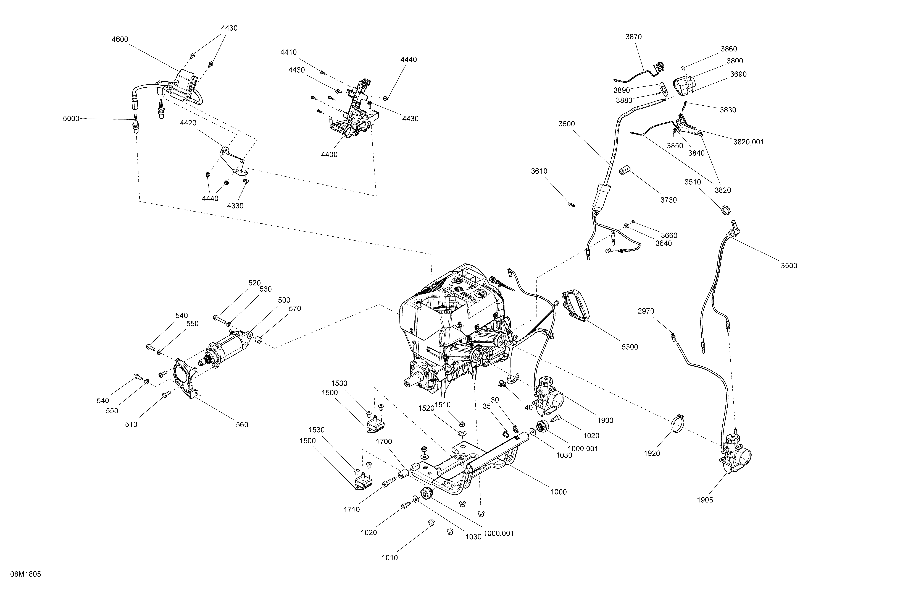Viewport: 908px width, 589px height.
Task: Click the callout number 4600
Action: point(120,39)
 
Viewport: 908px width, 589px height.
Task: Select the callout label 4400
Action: point(329,155)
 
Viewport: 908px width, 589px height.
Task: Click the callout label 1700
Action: point(384,442)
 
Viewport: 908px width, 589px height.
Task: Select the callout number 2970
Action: point(646,311)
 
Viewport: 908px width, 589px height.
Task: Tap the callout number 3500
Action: point(789,266)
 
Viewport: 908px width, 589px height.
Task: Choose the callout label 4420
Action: point(188,123)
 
